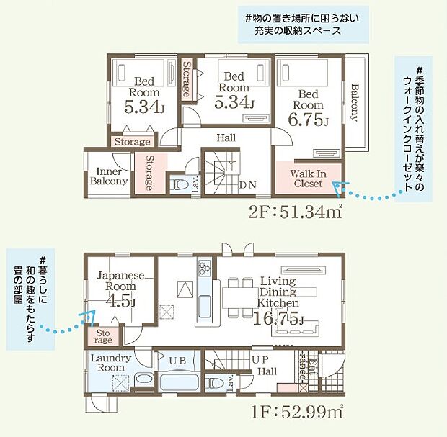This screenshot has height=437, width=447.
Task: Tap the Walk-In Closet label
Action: (x=308, y=179)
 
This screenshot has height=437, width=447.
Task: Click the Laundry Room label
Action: (x=111, y=363)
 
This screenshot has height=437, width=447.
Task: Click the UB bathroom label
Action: (x=177, y=359)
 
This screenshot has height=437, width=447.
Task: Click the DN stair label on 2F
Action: (x=247, y=186)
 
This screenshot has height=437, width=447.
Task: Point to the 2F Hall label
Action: (x=226, y=137)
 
